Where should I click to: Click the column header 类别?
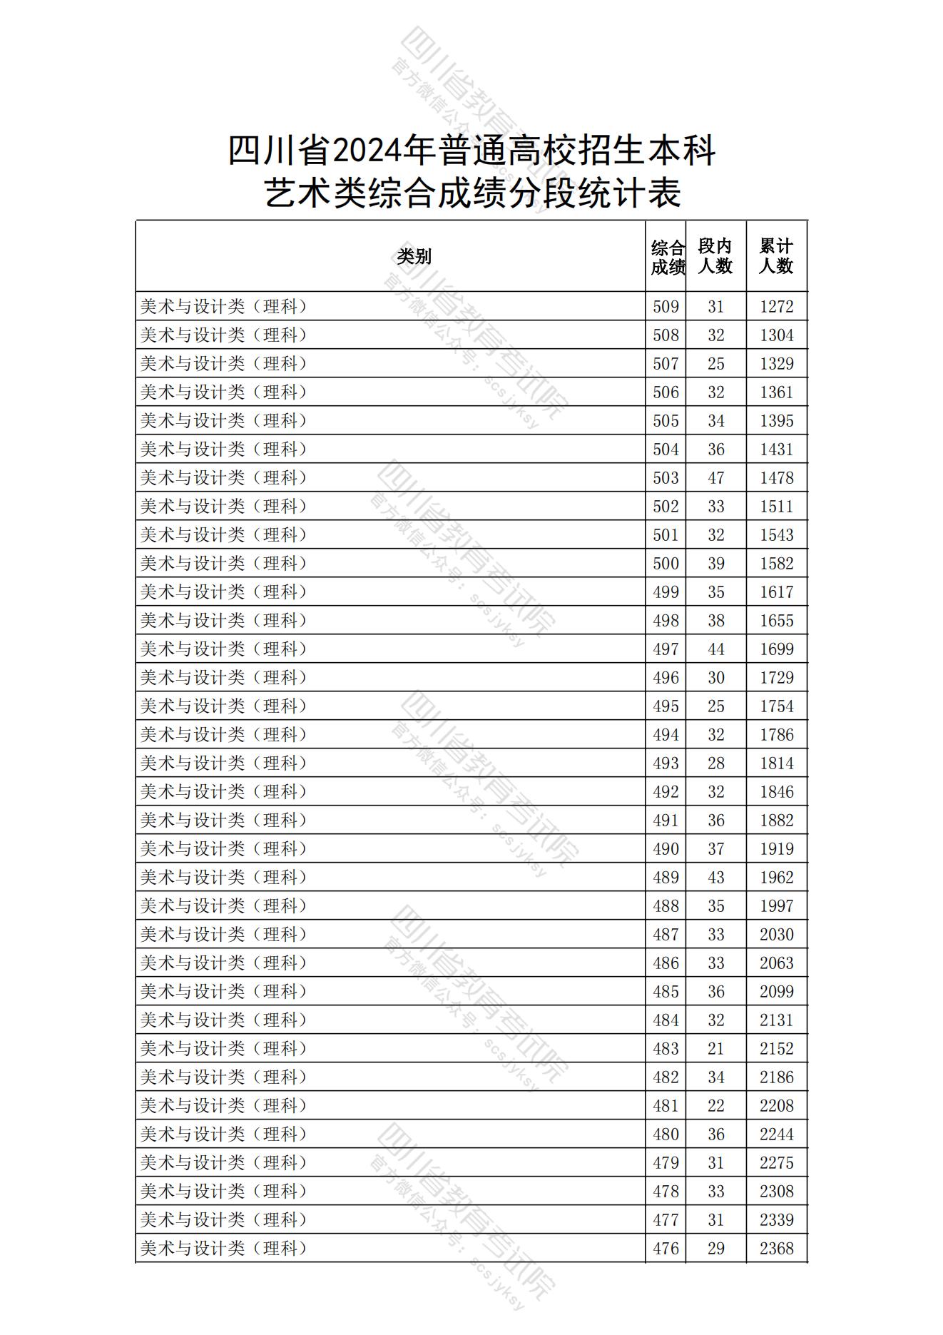[x=414, y=256]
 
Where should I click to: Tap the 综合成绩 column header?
[x=667, y=257]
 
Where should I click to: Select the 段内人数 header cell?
[x=715, y=256]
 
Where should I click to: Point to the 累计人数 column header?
[x=776, y=256]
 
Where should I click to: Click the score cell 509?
[x=666, y=307]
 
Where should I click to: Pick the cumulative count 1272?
[x=776, y=307]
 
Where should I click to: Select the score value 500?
[x=666, y=564]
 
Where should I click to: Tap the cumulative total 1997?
[x=776, y=906]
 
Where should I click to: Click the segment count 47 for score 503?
[x=715, y=478]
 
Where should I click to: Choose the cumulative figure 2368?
[x=776, y=1249]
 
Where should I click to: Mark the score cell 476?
[x=666, y=1249]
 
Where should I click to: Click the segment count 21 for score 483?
[x=715, y=1049]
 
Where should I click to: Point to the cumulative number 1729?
[x=776, y=678]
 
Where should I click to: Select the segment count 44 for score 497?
[x=715, y=649]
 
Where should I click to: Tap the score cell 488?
[x=666, y=906]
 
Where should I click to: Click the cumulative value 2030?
[x=776, y=935]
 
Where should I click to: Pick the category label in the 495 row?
[x=224, y=706]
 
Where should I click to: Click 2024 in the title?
[x=366, y=151]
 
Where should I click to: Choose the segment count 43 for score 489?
[x=715, y=878]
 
